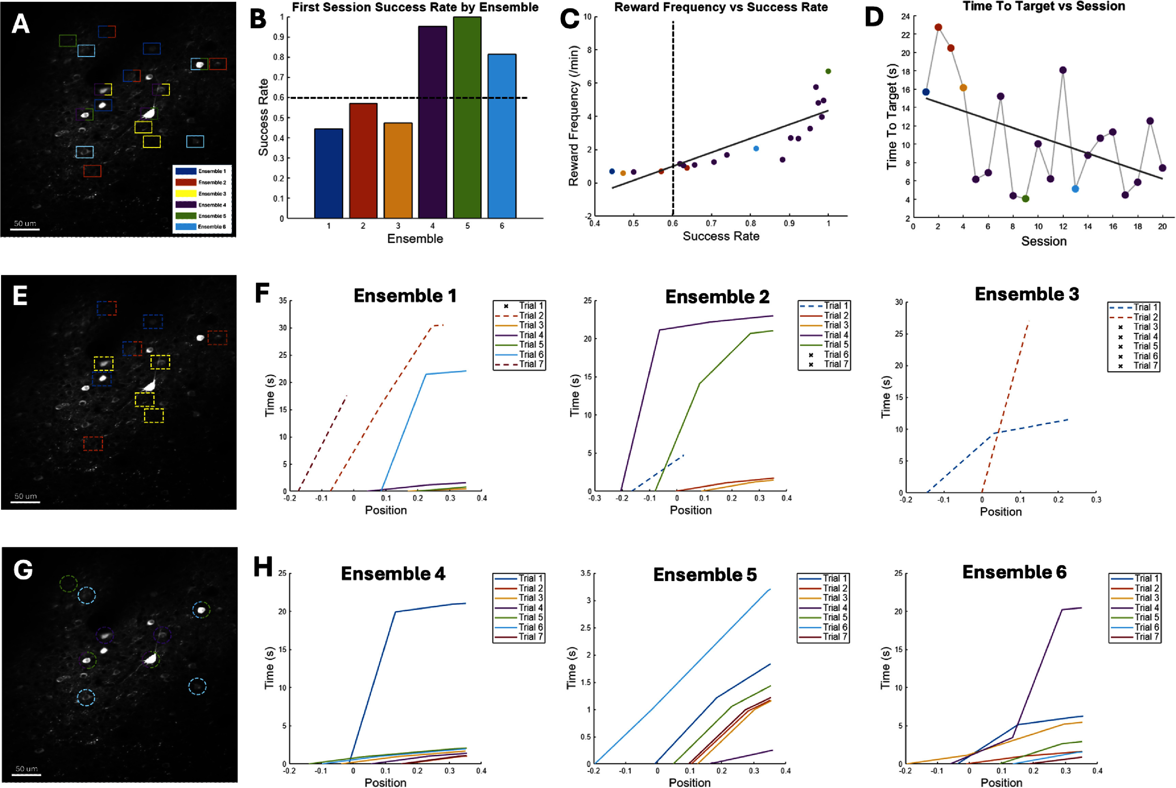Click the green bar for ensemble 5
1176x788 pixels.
point(467,118)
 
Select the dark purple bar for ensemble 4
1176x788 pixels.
point(432,122)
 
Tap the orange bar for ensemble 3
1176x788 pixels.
point(398,170)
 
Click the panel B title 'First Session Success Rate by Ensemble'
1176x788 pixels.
point(415,7)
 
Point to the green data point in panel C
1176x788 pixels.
point(828,71)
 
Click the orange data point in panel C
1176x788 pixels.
point(623,173)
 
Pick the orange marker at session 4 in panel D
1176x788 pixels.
point(963,88)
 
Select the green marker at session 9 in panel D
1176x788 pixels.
point(1025,199)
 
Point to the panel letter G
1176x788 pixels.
point(23,570)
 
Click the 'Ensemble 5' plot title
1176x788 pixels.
point(705,574)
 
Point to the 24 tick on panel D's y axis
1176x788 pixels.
point(905,17)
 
